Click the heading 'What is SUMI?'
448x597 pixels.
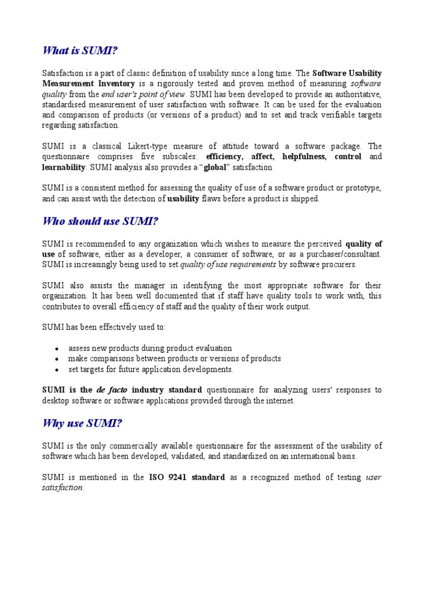point(80,50)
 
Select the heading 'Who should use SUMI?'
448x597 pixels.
point(100,221)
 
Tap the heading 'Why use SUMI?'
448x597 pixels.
point(82,423)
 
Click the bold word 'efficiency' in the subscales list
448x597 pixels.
point(226,157)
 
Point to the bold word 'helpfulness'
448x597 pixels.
point(304,157)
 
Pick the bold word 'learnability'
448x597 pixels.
point(64,167)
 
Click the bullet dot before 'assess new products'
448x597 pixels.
point(57,349)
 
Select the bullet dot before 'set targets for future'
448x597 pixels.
point(57,370)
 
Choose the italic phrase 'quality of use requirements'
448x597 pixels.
point(228,265)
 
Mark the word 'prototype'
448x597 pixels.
point(360,188)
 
